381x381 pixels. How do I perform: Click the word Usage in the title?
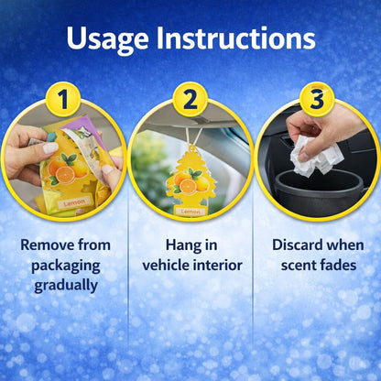tap(107, 39)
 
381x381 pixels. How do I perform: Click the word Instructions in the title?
tap(235, 38)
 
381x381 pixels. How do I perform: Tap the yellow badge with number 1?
tap(63, 99)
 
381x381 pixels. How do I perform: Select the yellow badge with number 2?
tap(190, 99)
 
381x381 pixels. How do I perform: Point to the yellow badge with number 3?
tap(317, 99)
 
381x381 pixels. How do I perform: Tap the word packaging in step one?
tap(66, 267)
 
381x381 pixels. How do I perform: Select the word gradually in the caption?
tap(66, 286)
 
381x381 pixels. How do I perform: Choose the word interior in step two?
tap(218, 265)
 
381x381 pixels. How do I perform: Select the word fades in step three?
tap(337, 265)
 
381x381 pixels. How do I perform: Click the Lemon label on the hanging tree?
tap(190, 211)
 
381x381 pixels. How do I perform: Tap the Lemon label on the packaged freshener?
tap(74, 201)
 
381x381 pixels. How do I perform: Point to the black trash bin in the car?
tap(319, 191)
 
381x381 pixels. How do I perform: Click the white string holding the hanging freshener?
tap(193, 137)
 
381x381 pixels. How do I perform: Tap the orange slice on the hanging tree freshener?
tap(188, 186)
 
